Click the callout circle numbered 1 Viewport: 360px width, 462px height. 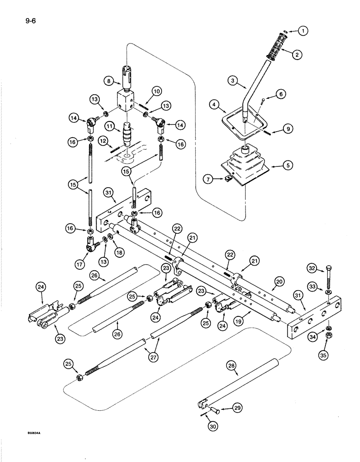(302, 31)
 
